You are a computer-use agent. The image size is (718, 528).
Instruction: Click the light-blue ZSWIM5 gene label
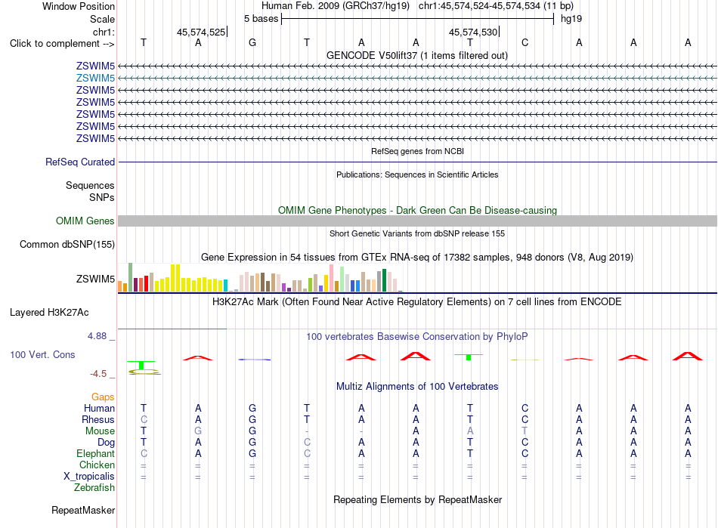click(x=95, y=79)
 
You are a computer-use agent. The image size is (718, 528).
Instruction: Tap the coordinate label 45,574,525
click(x=201, y=32)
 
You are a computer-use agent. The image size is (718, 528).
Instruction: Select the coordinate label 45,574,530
click(x=473, y=32)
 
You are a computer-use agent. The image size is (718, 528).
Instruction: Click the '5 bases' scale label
click(x=261, y=19)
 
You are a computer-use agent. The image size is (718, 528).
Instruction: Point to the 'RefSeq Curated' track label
click(x=80, y=162)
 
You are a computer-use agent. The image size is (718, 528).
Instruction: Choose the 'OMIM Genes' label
click(x=85, y=221)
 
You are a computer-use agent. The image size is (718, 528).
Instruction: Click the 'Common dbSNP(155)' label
click(x=67, y=244)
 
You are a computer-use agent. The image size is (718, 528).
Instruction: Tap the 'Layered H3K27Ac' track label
click(x=49, y=313)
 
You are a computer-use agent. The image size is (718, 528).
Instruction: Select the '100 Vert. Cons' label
click(x=42, y=354)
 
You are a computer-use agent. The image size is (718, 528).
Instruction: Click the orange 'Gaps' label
click(x=103, y=397)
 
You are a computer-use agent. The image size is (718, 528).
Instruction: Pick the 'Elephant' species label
click(x=96, y=453)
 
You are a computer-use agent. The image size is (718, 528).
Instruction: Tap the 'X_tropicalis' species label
click(x=89, y=477)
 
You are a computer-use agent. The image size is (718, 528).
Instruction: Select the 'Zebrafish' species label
click(x=94, y=488)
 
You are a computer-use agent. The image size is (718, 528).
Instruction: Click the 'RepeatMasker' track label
click(x=83, y=510)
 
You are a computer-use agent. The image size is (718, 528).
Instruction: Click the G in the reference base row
click(x=252, y=43)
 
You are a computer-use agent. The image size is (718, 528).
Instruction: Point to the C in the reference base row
click(x=525, y=43)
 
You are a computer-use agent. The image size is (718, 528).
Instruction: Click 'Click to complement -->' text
click(x=62, y=44)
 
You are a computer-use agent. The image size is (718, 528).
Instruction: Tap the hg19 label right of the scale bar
click(x=571, y=19)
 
